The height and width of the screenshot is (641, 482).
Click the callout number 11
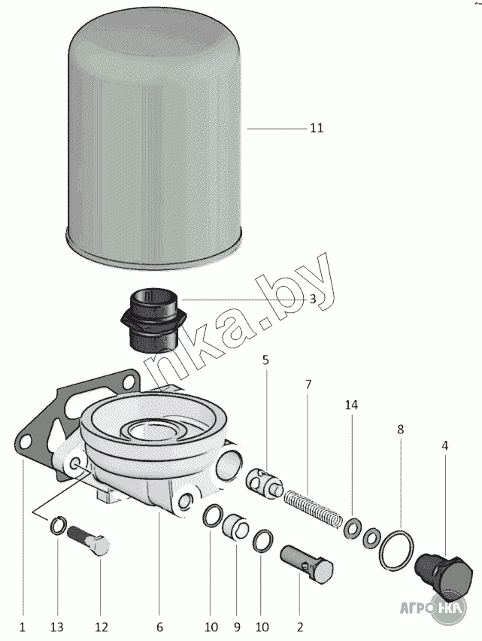point(317,129)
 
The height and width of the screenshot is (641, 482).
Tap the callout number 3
point(313,299)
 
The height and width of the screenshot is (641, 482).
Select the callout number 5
point(266,360)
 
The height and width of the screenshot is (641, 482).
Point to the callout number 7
point(308,384)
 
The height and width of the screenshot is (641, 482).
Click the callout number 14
point(351,405)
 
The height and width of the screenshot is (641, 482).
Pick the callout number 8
point(400,430)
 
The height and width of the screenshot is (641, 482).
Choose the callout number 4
point(445,445)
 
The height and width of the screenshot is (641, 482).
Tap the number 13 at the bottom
point(57,627)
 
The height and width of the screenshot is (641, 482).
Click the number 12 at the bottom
point(102,627)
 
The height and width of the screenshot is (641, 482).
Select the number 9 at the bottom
point(237,627)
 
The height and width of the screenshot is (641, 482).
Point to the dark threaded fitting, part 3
point(153,321)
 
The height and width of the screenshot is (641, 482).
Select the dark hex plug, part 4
point(444,573)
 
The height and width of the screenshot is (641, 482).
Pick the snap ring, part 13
point(59,525)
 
